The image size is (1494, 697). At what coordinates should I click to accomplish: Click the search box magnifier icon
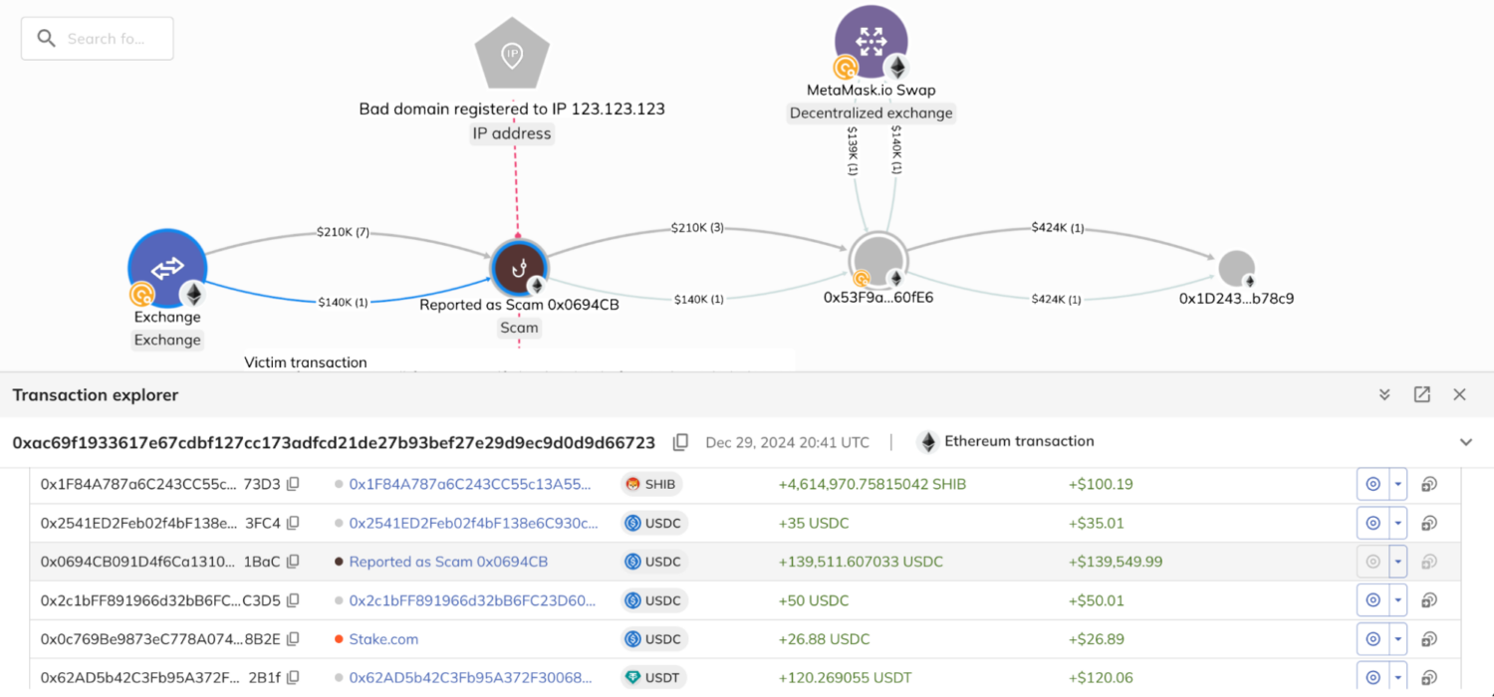[46, 39]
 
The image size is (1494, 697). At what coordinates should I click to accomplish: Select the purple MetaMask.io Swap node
[871, 41]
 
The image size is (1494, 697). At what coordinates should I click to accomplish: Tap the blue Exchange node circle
[167, 268]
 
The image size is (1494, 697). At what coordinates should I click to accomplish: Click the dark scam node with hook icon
[518, 268]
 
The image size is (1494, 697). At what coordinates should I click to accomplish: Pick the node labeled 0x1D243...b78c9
[1235, 269]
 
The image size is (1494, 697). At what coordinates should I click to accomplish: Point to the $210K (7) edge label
[343, 233]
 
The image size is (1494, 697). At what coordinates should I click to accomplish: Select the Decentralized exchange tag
[871, 114]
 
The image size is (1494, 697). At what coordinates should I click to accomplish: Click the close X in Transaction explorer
[1459, 395]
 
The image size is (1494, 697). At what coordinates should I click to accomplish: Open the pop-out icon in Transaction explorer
[1421, 395]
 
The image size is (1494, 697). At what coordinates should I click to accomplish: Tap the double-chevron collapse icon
[1384, 395]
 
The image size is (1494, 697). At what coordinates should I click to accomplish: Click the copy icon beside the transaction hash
[680, 442]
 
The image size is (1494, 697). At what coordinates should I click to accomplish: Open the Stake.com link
[383, 639]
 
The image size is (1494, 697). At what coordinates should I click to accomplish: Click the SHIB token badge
[651, 485]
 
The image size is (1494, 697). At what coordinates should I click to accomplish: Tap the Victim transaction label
[306, 362]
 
